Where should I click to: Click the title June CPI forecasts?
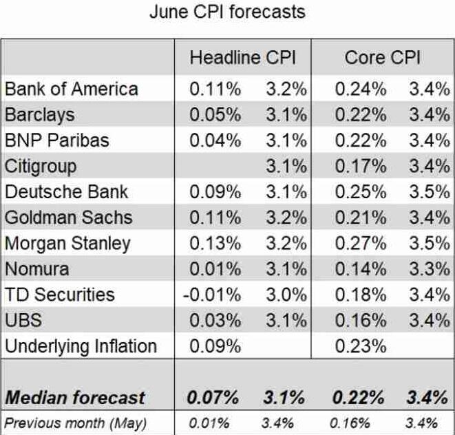point(227,12)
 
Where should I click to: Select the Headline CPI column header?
point(243,58)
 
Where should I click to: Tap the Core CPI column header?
point(383,58)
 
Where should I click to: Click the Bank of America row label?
point(71,89)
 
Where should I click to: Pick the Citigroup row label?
point(41,166)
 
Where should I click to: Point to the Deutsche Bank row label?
point(66,191)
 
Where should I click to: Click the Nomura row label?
point(36,268)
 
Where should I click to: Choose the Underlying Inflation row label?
point(81,346)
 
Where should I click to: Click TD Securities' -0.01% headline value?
point(211,295)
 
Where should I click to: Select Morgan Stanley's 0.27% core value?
point(361,243)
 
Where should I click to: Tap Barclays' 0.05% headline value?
point(215,114)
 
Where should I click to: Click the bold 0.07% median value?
point(213,397)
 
